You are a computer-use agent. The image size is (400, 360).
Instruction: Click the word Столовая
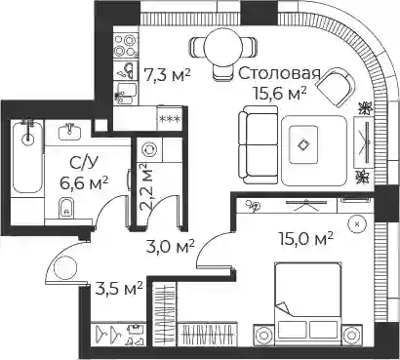[279, 74]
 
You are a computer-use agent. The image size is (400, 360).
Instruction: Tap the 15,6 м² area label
[281, 94]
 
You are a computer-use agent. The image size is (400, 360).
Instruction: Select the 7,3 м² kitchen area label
[167, 76]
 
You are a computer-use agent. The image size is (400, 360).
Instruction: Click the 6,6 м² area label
[84, 183]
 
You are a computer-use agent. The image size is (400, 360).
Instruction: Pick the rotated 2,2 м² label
[146, 188]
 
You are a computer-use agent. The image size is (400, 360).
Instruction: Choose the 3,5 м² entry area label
[119, 288]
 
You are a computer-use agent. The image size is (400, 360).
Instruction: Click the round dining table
[223, 47]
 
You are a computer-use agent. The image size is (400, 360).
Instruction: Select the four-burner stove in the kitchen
[126, 45]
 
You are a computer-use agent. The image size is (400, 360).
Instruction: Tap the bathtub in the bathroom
[27, 157]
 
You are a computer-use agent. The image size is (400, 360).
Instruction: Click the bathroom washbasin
[70, 132]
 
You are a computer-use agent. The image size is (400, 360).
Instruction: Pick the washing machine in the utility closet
[149, 149]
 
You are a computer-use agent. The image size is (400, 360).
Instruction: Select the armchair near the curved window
[336, 87]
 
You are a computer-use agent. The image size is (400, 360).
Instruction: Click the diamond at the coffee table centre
[303, 144]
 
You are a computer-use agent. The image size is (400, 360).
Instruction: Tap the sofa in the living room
[259, 145]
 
